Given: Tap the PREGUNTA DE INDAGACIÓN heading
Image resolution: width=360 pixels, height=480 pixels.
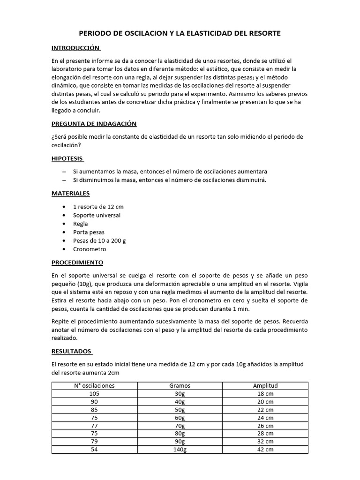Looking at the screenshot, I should click(94, 124).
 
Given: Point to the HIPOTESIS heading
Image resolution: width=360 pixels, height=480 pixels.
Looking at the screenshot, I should click(67, 159).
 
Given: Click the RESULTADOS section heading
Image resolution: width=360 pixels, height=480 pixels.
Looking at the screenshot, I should click(72, 351).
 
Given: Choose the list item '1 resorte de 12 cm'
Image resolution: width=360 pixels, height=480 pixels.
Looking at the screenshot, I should click(98, 207).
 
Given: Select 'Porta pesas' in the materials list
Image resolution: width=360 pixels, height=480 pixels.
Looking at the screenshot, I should click(89, 232).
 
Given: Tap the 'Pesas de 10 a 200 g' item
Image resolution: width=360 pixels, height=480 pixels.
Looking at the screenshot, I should click(99, 240).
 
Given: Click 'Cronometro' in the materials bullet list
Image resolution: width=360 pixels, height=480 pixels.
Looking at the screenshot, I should click(90, 249).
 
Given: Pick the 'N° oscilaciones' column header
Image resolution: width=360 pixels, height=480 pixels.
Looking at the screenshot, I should click(95, 386).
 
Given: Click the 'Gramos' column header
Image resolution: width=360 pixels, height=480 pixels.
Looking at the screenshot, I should click(180, 386).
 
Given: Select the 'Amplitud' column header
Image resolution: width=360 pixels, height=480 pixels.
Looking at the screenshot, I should click(265, 386).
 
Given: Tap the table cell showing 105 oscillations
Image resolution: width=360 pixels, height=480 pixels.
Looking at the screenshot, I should click(95, 394).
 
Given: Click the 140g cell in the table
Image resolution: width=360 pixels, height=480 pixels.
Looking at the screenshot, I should click(180, 449).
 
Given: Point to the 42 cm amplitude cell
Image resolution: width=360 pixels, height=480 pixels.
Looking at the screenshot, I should click(265, 449).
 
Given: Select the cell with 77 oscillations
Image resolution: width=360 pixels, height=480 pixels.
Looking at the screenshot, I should click(95, 425).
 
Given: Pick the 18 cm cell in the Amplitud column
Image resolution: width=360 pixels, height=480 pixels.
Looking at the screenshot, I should click(265, 394).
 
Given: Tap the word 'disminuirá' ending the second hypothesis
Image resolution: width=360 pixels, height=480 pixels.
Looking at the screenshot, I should click(250, 180).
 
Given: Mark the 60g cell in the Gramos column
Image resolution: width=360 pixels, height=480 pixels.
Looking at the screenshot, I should click(180, 417).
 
